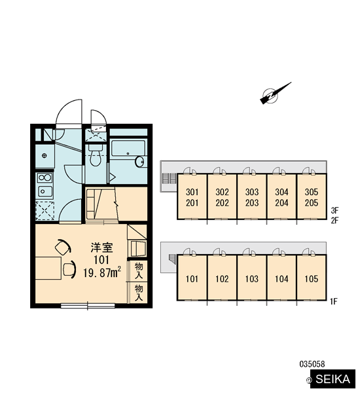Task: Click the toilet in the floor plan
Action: pos(95,155)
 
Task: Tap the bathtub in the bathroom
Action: pos(128,149)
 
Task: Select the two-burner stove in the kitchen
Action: pos(45,178)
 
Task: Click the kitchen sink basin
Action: pos(45,192)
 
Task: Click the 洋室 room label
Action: pos(101,248)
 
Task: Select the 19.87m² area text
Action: pos(102,272)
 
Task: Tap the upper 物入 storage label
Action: pos(139,271)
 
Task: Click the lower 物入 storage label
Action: pos(139,293)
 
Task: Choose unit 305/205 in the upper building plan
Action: pos(312,196)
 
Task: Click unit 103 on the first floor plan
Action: pos(252,278)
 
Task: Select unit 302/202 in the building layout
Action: pos(222,196)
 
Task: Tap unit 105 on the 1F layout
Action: pos(312,278)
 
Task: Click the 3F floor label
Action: pos(334,210)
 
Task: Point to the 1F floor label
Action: pos(334,301)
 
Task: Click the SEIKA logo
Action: pos(333,379)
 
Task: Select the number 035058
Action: pos(312,364)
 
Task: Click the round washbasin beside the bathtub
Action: pos(139,161)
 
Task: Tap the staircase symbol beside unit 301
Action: pos(169,178)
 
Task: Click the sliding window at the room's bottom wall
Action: pos(88,305)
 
